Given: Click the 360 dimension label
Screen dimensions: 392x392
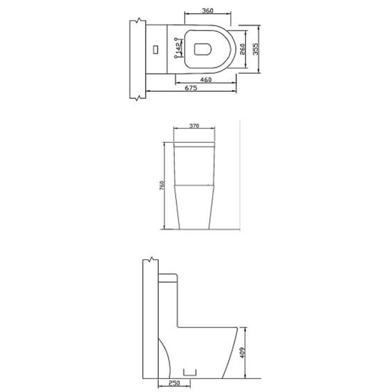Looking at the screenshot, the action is pyautogui.click(x=207, y=11).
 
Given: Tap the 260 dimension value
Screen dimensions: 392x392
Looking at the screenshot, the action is pyautogui.click(x=242, y=49).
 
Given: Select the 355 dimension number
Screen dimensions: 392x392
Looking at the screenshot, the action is pyautogui.click(x=256, y=49).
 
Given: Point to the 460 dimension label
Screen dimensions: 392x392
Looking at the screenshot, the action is pyautogui.click(x=206, y=80).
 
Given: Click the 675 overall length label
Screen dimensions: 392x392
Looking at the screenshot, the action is pyautogui.click(x=191, y=88).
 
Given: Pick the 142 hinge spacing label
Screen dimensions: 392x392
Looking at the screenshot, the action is pyautogui.click(x=178, y=48).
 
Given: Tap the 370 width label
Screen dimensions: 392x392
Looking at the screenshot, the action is pyautogui.click(x=194, y=126).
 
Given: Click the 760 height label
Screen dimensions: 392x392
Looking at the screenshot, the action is pyautogui.click(x=162, y=185).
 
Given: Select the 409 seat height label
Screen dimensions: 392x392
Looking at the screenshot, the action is pyautogui.click(x=243, y=352).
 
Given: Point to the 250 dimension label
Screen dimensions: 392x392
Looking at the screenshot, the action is pyautogui.click(x=174, y=383).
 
